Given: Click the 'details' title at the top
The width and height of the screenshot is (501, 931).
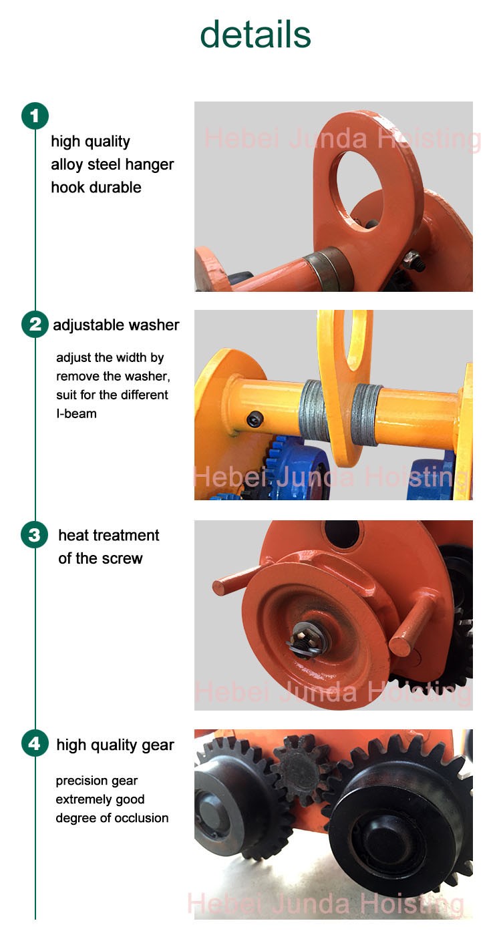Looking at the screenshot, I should coord(255,34).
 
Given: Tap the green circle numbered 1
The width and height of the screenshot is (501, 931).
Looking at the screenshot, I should coord(35,116).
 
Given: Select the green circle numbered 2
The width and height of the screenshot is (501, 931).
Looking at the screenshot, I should coord(35,325).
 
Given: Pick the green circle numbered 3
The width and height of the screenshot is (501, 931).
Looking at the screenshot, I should coord(35,535).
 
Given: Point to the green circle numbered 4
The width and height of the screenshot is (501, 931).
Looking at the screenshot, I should coord(35,744).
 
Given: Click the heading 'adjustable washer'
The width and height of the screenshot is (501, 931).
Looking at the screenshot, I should coord(116,325).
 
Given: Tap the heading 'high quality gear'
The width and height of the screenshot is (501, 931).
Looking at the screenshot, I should coord(115,745).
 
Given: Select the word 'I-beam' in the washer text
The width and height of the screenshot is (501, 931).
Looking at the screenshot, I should coord(76,414).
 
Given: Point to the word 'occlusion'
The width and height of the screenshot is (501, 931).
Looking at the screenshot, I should coord(140,818).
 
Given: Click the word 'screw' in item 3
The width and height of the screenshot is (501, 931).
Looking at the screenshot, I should coord(123,558).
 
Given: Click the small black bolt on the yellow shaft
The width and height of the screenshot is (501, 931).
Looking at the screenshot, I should coord(254,419).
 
